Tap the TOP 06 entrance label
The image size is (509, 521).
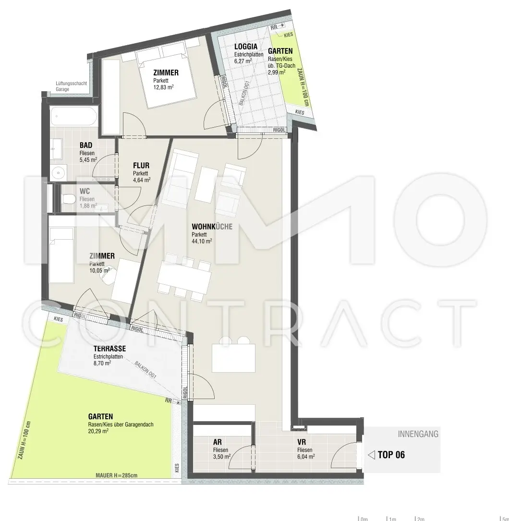click(391, 455)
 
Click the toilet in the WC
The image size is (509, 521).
click(69, 198)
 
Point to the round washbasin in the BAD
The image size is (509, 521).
click(60, 171)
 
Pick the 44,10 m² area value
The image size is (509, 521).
click(202, 242)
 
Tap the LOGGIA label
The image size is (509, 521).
click(246, 47)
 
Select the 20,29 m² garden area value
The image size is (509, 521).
click(98, 431)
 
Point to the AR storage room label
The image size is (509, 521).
click(217, 442)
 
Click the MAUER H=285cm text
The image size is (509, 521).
click(116, 475)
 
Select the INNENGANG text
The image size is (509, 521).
click(418, 435)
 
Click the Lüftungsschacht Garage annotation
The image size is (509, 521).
click(71, 86)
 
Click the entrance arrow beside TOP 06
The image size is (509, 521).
click(371, 455)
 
